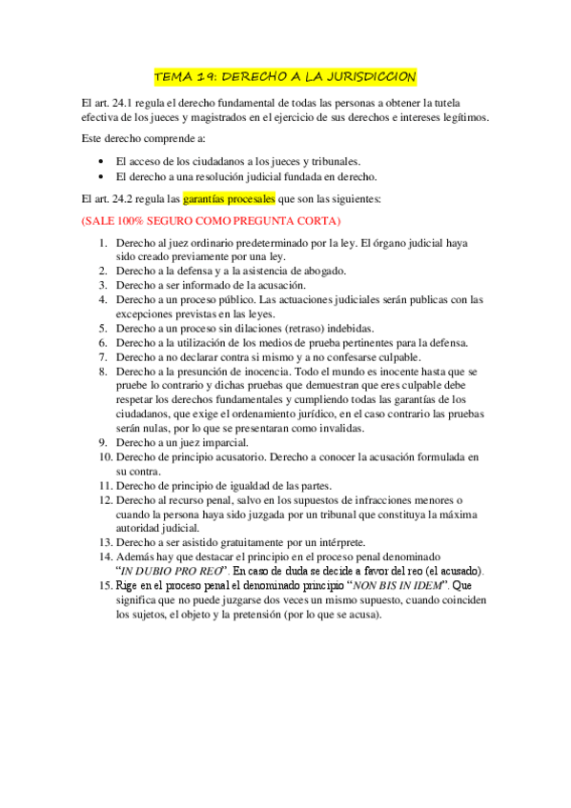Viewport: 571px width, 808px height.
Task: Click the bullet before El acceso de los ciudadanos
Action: (102, 161)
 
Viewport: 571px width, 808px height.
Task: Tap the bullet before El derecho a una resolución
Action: (102, 176)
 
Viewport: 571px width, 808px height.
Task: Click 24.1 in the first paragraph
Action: (127, 102)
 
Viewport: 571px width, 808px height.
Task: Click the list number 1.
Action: (104, 242)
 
